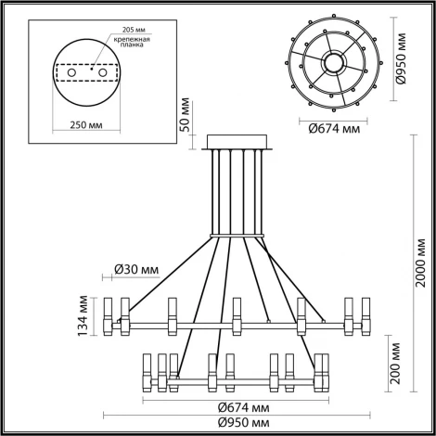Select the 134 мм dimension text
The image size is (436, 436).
[x=84, y=314]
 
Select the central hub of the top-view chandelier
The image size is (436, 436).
[x=332, y=62]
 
